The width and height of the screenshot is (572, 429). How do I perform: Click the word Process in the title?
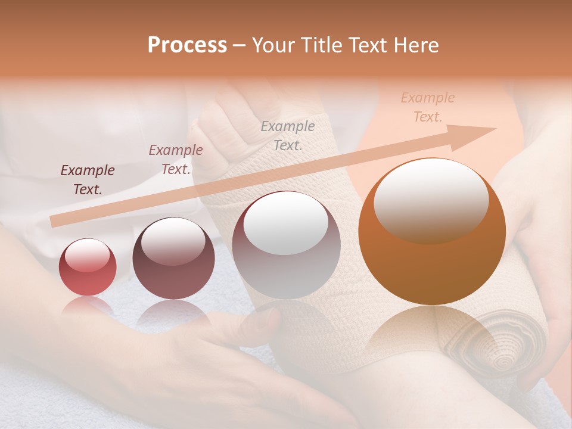(187, 45)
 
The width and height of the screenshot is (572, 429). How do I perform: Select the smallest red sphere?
(88, 267)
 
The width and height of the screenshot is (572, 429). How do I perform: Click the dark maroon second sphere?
(173, 259)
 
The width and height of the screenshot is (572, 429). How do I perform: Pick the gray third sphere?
(286, 245)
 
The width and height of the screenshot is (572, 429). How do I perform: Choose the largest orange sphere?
(432, 231)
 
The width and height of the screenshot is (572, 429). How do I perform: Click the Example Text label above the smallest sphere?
(88, 179)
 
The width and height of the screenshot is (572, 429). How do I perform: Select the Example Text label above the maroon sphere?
(176, 159)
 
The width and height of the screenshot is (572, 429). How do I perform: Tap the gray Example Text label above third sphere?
(288, 135)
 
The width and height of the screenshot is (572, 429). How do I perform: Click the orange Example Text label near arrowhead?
(428, 107)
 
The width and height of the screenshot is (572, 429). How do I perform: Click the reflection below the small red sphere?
(88, 306)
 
